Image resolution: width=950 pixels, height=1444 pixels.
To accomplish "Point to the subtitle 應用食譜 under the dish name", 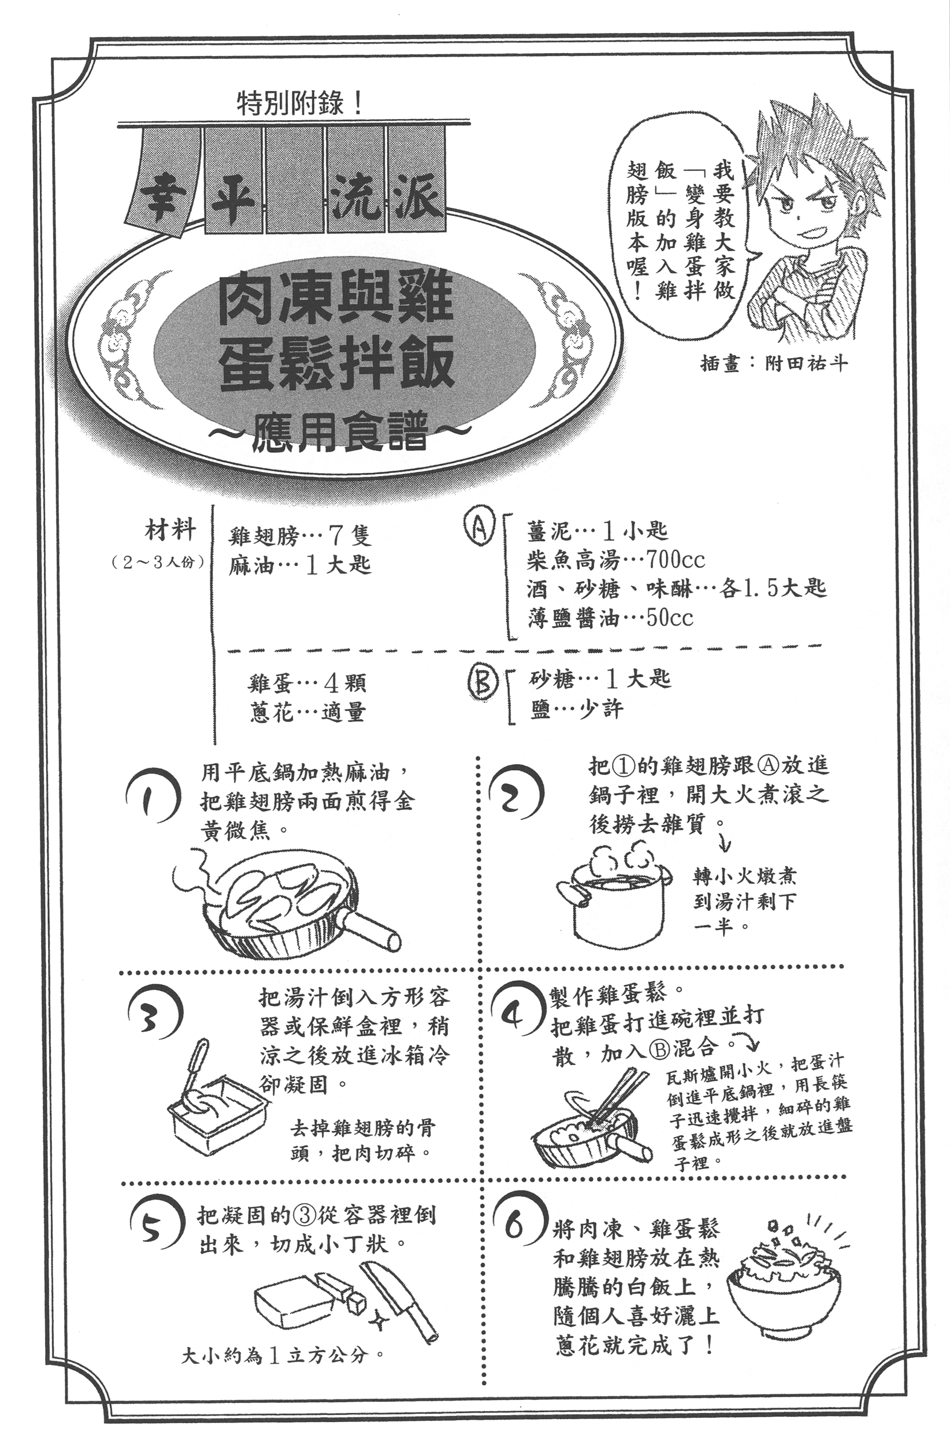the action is click(340, 431).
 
